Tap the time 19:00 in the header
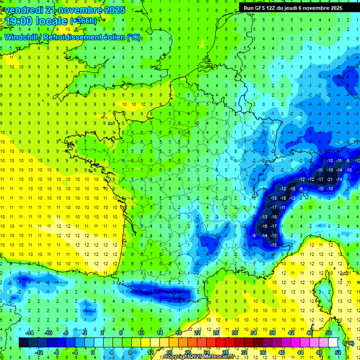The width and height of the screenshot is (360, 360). [21, 21]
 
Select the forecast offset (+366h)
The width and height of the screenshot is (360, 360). [84, 21]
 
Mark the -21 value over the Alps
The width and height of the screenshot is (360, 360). [330, 179]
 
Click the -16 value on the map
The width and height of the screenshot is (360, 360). [264, 226]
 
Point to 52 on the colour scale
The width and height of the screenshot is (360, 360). [337, 352]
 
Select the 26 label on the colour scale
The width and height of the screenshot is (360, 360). [217, 332]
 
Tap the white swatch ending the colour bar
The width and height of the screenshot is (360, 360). [333, 343]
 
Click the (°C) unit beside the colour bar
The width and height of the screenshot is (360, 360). [349, 343]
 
